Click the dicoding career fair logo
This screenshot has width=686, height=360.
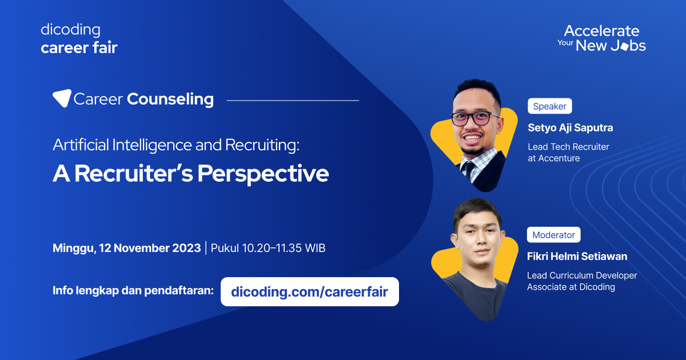tap(79, 39)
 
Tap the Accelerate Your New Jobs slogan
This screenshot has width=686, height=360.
tap(601, 38)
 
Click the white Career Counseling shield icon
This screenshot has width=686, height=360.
tap(62, 99)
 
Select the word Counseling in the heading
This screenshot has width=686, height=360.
tap(170, 99)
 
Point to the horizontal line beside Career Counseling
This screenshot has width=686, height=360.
tap(293, 101)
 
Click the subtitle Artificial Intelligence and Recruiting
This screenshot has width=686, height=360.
tap(176, 145)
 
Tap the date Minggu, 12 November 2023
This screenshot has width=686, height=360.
tap(126, 249)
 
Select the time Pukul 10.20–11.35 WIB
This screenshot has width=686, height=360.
tap(268, 249)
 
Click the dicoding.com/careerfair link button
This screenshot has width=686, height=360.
tap(309, 292)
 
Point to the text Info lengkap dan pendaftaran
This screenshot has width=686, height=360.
tap(133, 290)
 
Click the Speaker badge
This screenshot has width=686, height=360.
tap(549, 106)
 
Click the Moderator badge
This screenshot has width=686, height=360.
tap(553, 235)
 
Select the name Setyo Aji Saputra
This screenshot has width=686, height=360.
tap(570, 127)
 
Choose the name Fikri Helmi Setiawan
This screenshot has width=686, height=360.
tap(577, 257)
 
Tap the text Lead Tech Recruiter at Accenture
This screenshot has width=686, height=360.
tap(568, 153)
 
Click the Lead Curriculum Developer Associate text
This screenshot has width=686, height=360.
tap(581, 281)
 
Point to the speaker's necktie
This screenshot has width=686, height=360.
tap(469, 170)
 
